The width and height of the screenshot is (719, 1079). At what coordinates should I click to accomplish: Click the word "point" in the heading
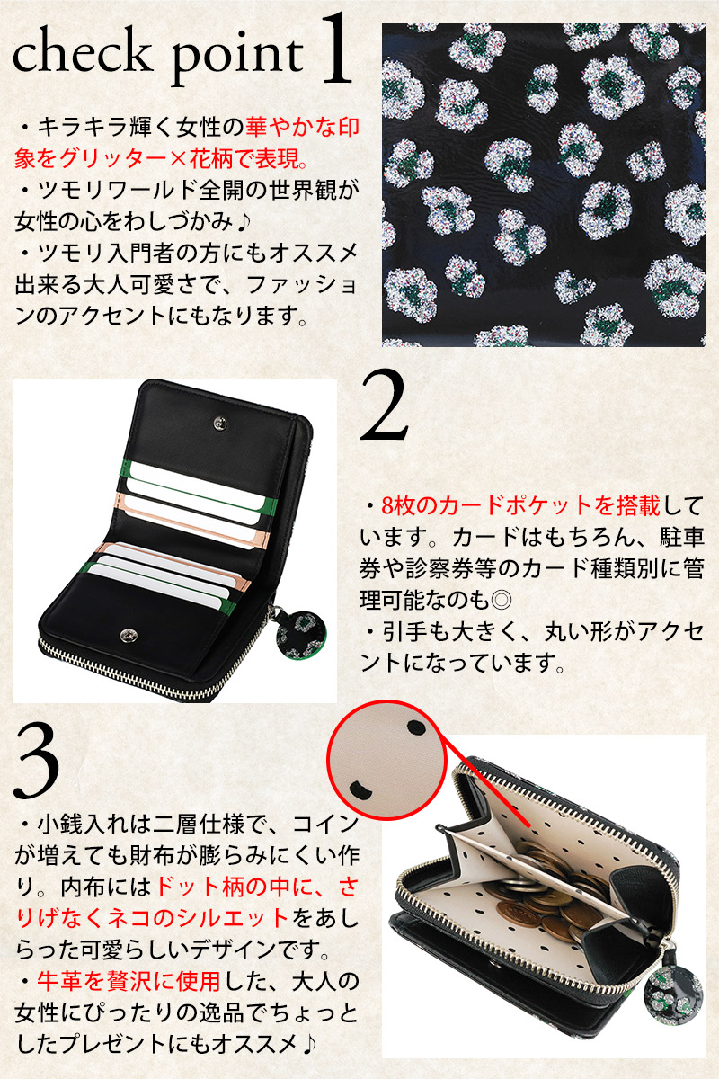(237, 60)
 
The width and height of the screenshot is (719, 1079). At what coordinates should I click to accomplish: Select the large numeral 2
(384, 406)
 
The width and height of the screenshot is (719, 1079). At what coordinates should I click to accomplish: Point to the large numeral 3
(37, 760)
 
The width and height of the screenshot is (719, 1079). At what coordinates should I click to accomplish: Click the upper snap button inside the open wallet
(220, 423)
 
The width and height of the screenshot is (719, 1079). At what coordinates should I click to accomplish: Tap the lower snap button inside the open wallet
(129, 635)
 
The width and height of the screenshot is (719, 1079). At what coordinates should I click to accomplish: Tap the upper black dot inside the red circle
(415, 727)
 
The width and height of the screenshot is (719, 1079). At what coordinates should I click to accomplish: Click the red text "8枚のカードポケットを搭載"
(520, 505)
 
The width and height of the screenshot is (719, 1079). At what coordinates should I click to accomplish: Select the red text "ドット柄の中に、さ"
(257, 887)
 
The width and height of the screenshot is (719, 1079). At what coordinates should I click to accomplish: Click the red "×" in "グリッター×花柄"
(177, 158)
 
